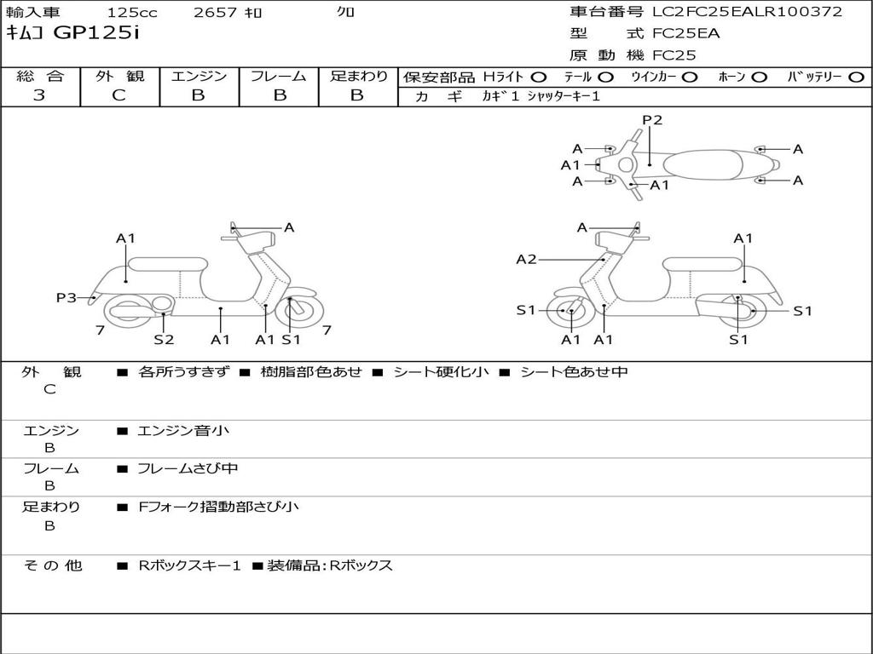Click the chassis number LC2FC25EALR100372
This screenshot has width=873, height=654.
[747, 12]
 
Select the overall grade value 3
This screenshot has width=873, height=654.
[39, 95]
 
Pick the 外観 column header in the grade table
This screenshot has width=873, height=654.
[119, 76]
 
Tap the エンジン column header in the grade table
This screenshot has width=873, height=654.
[199, 76]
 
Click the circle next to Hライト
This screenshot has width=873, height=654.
[539, 77]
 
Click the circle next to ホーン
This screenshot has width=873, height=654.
[759, 77]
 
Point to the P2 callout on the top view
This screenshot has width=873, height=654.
[652, 120]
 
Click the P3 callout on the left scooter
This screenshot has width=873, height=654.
[66, 297]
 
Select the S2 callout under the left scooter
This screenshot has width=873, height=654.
[164, 339]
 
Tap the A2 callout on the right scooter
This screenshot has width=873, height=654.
[526, 260]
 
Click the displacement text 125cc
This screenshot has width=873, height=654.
[132, 13]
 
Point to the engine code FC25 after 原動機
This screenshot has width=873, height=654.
[674, 55]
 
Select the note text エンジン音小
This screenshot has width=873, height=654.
[183, 431]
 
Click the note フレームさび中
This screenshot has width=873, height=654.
[188, 468]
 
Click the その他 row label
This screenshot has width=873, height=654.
[52, 565]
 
